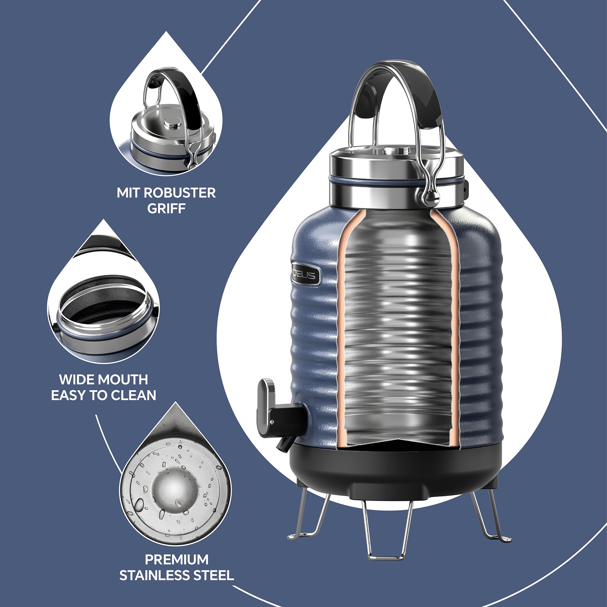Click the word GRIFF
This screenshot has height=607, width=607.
pyautogui.click(x=166, y=209)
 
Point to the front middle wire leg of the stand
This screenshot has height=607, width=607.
pyautogui.click(x=387, y=531)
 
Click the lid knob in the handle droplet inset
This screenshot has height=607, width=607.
pyautogui.click(x=174, y=123)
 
